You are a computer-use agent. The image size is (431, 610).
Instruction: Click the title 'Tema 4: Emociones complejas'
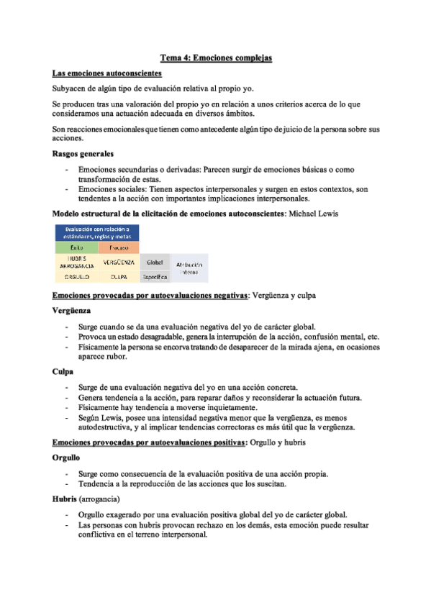click(x=215, y=57)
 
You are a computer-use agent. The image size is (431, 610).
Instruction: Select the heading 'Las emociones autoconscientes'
click(x=107, y=73)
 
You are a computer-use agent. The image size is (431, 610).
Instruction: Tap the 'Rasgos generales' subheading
click(x=83, y=154)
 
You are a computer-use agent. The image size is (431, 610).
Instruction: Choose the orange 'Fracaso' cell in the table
click(x=119, y=247)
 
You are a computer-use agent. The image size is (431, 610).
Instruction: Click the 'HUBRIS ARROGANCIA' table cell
click(x=76, y=262)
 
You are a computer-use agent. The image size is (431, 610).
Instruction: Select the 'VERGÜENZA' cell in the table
click(x=119, y=262)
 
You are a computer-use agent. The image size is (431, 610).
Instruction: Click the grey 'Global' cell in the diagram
click(x=155, y=262)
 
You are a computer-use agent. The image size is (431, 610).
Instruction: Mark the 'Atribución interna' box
click(x=189, y=269)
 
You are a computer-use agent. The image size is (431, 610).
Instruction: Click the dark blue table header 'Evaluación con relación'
click(x=97, y=232)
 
